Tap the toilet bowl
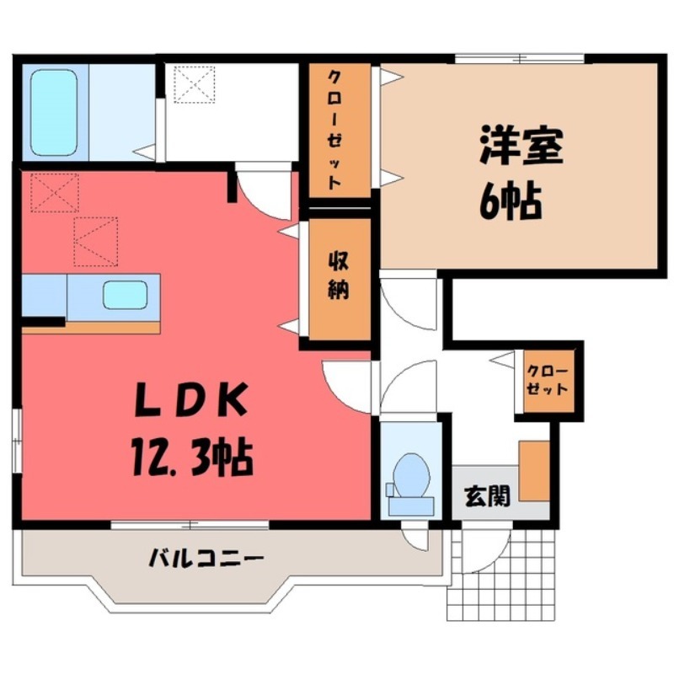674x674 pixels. [410, 477]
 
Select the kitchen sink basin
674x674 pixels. [125, 296]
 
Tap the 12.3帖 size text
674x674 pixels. [193, 457]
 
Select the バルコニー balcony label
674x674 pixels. [207, 557]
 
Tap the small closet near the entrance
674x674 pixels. [548, 380]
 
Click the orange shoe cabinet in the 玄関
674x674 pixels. [533, 470]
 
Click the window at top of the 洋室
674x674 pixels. [519, 57]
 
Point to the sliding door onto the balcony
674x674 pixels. [190, 525]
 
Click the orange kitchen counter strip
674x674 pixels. [91, 326]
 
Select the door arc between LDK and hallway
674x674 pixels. [347, 383]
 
